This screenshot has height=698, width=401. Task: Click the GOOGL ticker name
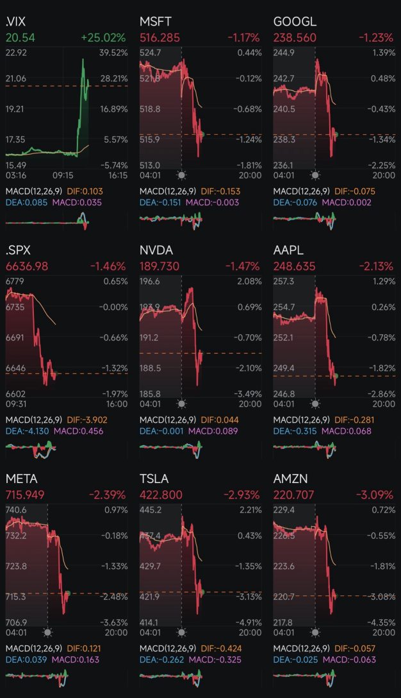pos(295,22)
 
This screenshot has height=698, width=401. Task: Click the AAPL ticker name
pos(290,250)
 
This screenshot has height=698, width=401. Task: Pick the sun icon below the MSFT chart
pos(181,175)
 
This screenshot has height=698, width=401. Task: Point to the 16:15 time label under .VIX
pos(118,175)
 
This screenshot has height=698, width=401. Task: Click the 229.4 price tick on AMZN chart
pos(284,509)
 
